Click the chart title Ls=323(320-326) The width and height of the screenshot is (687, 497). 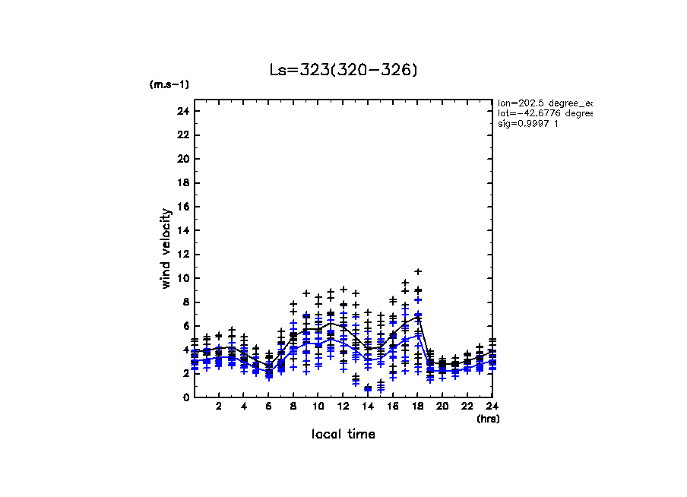coord(343,70)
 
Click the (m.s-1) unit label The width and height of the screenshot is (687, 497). coord(169,84)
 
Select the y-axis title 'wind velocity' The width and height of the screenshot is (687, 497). coord(166,248)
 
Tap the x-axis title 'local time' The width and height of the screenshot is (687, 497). coord(343,434)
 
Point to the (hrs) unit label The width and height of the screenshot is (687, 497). coord(488,419)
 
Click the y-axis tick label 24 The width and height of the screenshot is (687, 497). coord(182,112)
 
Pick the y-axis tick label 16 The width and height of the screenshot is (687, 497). coord(182,207)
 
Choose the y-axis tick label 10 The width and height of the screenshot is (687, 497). coord(182,278)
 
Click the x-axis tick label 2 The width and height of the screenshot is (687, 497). coord(219,407)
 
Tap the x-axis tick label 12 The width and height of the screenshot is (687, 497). coord(343,407)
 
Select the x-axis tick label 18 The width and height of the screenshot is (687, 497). coord(417,407)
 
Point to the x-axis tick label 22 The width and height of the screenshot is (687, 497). coord(467,407)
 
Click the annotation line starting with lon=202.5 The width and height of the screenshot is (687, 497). coord(543,103)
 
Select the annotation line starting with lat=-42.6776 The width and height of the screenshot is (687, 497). coord(543,113)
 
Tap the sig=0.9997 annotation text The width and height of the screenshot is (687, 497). coord(528,124)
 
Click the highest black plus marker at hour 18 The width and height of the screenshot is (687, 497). coord(417,271)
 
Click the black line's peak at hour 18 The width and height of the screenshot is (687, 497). coord(417,316)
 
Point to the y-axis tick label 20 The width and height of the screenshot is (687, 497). coord(182,159)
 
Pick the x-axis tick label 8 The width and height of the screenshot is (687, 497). coord(293,407)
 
